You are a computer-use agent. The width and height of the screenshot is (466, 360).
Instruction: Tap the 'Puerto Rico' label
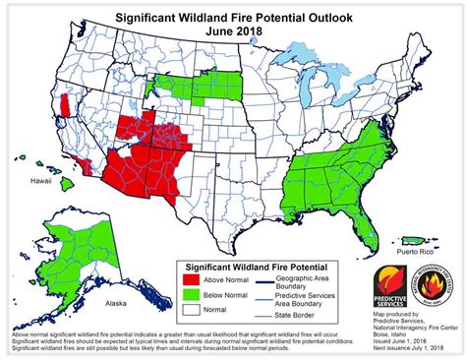pyautogui.click(x=409, y=251)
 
